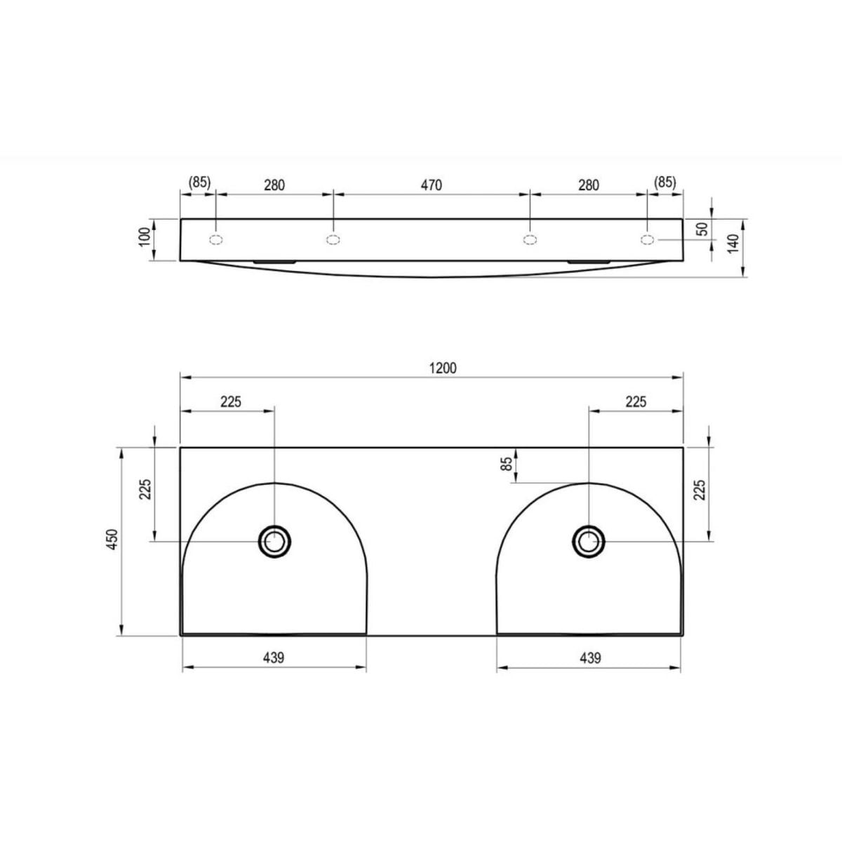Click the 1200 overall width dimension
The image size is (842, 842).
pyautogui.click(x=443, y=368)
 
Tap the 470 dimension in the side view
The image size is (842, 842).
pyautogui.click(x=432, y=185)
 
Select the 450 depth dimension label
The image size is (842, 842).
pyautogui.click(x=112, y=540)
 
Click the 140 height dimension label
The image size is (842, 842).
pyautogui.click(x=733, y=243)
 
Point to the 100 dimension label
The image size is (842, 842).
pyautogui.click(x=145, y=237)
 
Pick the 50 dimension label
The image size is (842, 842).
pyautogui.click(x=702, y=229)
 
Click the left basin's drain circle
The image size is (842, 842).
pyautogui.click(x=275, y=542)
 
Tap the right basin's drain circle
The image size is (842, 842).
pyautogui.click(x=589, y=542)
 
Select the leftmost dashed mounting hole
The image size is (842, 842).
pyautogui.click(x=216, y=239)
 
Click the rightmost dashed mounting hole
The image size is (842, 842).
pyautogui.click(x=647, y=239)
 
